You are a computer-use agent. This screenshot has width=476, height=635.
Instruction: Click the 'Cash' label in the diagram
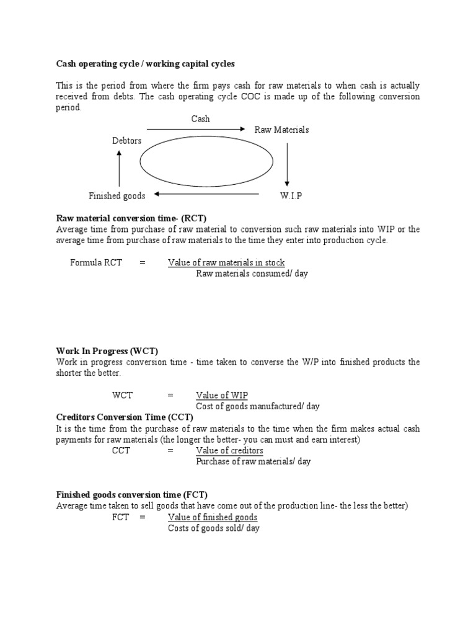coord(200,118)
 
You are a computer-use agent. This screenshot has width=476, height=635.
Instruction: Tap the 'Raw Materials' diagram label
coord(281,130)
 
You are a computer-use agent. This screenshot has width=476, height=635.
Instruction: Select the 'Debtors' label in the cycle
coord(126,141)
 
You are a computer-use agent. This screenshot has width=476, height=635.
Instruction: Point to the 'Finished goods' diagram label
coord(117,196)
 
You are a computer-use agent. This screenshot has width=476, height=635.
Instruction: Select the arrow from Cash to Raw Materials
coord(196,129)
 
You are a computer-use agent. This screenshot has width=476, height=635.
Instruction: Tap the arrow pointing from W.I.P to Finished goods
coord(206,194)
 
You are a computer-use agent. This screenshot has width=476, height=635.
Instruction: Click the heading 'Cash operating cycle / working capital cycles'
coord(146,64)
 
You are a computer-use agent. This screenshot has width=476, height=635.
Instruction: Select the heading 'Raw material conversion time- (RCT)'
coord(131,218)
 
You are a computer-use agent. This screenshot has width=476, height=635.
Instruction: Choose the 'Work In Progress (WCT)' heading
coord(107,351)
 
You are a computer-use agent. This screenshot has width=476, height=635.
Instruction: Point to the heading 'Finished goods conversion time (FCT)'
coord(132,494)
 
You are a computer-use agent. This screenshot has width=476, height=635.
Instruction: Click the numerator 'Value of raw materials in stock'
coord(226,262)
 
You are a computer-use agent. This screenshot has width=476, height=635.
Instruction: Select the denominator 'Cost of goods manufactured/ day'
coord(258,406)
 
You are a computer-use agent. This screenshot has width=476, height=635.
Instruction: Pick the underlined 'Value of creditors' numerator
coord(229,450)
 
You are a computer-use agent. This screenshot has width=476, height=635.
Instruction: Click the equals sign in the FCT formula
coord(142,517)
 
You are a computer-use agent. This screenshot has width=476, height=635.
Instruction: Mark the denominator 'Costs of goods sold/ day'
coord(214,528)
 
